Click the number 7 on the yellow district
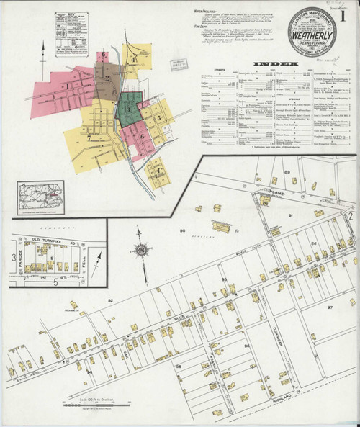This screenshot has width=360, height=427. (x=89, y=136)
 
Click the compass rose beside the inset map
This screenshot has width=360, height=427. (x=142, y=250)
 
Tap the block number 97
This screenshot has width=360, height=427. (x=330, y=307)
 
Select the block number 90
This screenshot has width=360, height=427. (x=182, y=230)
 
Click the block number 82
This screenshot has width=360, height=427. (x=110, y=300)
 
